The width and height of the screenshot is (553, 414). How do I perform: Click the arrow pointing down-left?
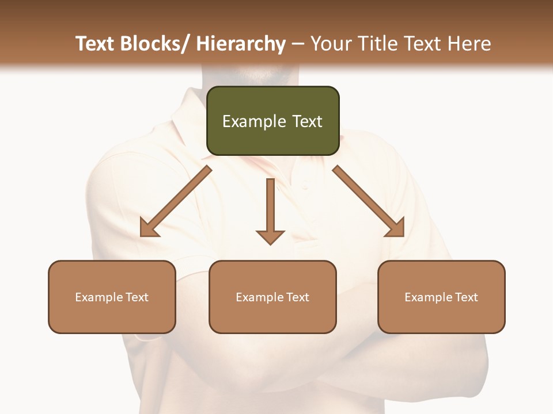tap(176, 201)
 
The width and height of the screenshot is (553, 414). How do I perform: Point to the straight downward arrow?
tap(270, 210)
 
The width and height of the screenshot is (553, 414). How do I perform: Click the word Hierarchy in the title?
tap(240, 44)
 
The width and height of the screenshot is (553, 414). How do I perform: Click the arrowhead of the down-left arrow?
tap(149, 229)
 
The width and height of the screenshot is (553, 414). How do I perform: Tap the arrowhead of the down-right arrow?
tap(395, 228)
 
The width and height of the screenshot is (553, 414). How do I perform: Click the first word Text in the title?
tap(96, 44)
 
